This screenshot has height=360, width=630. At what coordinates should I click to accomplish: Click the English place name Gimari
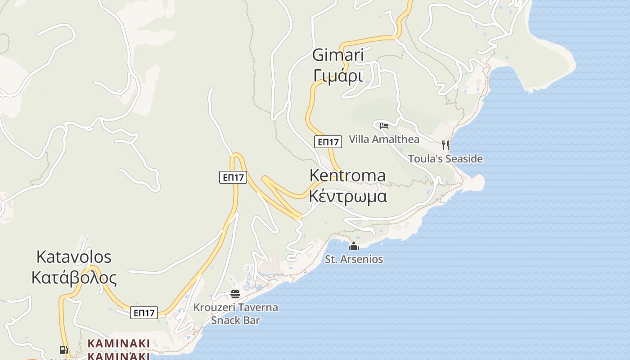(338, 55)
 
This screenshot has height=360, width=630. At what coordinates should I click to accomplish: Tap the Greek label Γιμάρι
(338, 76)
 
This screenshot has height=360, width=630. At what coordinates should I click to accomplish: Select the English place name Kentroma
(347, 175)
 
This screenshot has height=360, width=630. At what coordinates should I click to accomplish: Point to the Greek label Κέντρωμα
(348, 197)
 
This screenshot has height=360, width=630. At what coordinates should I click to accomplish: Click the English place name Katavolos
(74, 257)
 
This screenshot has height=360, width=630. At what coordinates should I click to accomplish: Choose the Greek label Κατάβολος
(74, 278)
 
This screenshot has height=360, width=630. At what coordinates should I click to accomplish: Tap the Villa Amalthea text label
(384, 139)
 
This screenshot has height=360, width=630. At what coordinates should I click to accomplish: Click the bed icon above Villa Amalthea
(384, 126)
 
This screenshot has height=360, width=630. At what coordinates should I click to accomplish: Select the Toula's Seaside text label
(445, 158)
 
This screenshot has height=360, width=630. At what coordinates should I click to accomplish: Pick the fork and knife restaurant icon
(445, 145)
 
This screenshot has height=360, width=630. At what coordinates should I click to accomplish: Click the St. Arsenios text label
(354, 259)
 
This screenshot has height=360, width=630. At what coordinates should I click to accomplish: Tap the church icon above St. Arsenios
(354, 246)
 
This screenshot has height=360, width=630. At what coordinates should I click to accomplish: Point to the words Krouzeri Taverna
(235, 308)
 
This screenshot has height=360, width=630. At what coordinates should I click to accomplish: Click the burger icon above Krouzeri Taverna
(235, 294)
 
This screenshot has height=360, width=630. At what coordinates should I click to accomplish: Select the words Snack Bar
(235, 320)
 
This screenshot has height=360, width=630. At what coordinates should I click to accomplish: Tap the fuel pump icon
(64, 350)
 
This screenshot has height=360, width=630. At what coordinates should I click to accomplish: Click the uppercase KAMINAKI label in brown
(118, 343)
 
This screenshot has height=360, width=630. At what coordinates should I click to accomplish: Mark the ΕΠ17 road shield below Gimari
(328, 142)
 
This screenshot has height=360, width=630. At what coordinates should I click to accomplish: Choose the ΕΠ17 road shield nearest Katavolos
(144, 313)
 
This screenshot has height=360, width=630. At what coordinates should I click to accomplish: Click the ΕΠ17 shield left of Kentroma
(233, 177)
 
